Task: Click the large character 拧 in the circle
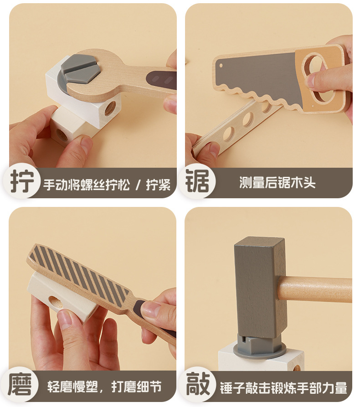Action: coord(22,181)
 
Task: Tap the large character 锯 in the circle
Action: coord(197,181)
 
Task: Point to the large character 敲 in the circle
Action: coord(198,384)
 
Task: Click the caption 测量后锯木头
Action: coord(277,182)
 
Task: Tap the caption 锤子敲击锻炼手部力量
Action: coord(283,388)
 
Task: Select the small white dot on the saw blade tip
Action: coord(221,66)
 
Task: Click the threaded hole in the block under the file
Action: coord(56,302)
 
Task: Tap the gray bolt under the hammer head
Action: coord(260,345)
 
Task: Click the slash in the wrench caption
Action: coord(138,185)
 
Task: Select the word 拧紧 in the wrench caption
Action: coord(158,185)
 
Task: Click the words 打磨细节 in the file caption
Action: coord(137,387)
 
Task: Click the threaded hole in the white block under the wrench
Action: coord(110,108)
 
